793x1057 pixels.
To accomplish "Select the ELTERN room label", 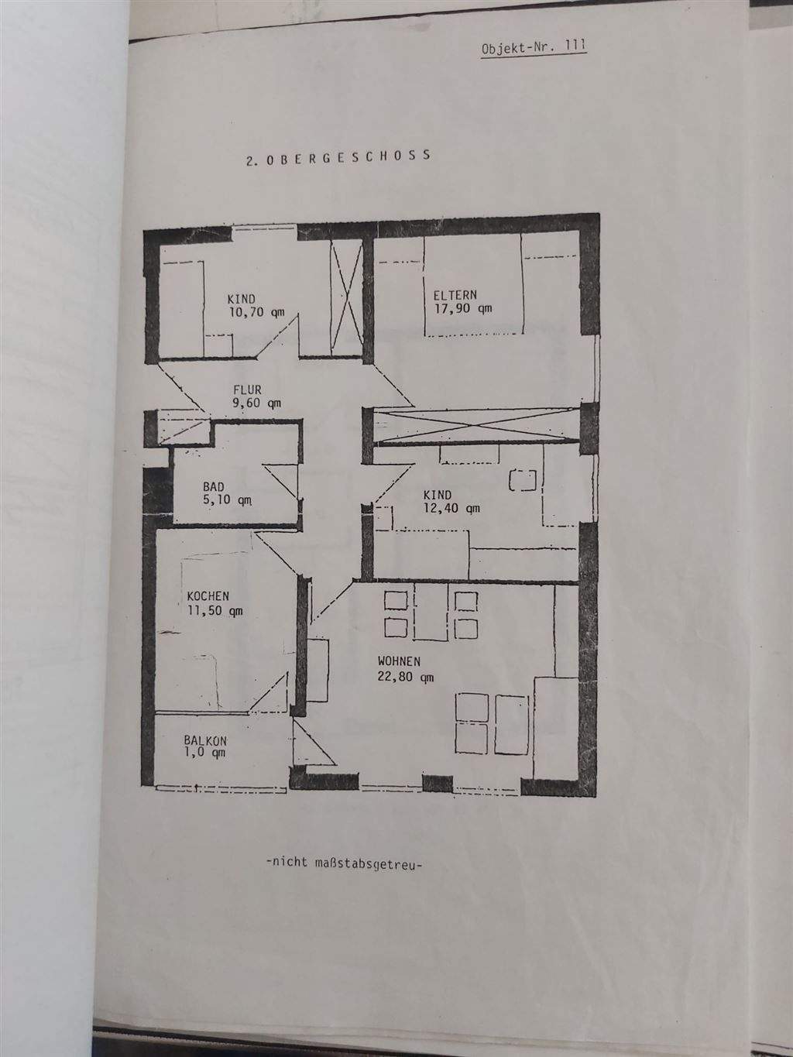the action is click(x=455, y=294).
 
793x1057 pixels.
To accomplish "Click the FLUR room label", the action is click(x=248, y=390).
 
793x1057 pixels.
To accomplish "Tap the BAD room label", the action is click(x=213, y=486).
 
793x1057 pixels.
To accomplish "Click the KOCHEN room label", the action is click(x=208, y=596).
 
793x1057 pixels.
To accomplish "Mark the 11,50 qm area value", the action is click(x=215, y=610).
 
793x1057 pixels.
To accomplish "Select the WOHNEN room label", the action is click(x=399, y=661).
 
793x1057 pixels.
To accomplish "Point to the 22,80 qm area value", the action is click(x=406, y=676).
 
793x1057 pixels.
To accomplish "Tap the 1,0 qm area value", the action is click(x=205, y=752).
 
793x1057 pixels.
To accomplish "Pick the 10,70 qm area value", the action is click(x=256, y=312).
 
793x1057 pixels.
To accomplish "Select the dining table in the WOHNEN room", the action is click(x=428, y=613).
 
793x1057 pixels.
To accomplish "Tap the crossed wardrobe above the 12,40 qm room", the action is click(x=475, y=427).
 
